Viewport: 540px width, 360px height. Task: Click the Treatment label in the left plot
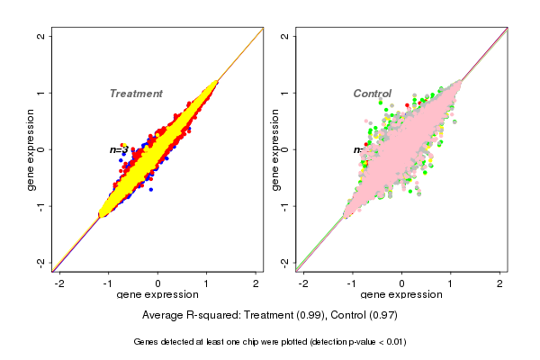(136, 94)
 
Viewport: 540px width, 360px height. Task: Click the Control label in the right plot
(372, 94)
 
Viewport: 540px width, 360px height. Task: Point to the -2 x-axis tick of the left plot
(59, 283)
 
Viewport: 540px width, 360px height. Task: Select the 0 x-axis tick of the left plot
(158, 283)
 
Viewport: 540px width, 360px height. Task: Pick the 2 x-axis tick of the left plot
(256, 283)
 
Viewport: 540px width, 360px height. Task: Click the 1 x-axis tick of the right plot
(451, 283)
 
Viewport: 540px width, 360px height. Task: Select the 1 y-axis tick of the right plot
(285, 93)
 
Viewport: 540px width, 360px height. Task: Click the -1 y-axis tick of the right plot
(285, 206)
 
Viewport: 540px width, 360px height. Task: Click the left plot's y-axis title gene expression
(31, 149)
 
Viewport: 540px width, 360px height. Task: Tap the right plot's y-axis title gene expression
(275, 149)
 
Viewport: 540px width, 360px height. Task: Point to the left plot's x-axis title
(157, 295)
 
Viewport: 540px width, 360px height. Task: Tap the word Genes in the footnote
(148, 342)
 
